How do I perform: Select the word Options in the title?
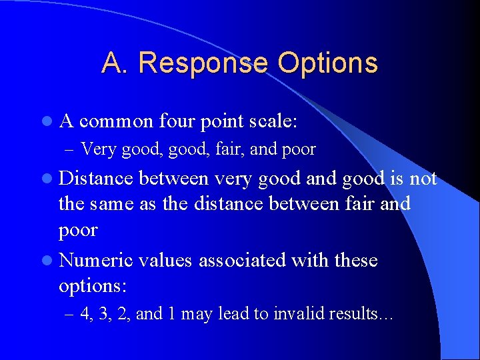click(328, 63)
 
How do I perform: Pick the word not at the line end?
click(422, 179)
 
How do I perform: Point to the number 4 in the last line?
click(85, 314)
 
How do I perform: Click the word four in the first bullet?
click(181, 121)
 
